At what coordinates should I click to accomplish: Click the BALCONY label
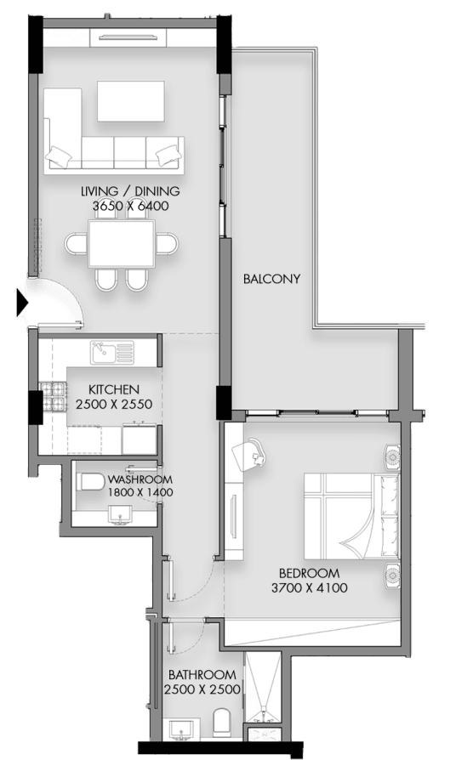click(x=271, y=279)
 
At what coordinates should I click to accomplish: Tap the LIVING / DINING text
click(x=130, y=191)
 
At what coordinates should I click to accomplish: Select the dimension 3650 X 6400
click(x=131, y=206)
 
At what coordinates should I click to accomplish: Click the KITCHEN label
click(x=114, y=389)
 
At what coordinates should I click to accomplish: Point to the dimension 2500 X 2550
click(x=114, y=405)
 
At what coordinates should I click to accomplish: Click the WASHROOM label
click(x=140, y=479)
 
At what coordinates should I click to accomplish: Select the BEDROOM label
click(x=310, y=573)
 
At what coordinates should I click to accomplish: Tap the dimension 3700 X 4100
click(x=310, y=588)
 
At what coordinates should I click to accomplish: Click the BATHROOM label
click(x=202, y=675)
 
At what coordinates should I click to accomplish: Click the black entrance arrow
click(x=22, y=303)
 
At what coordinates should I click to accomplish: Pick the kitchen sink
click(x=111, y=353)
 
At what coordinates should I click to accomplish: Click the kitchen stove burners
click(x=53, y=396)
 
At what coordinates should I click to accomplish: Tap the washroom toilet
click(x=91, y=482)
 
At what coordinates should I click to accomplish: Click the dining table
click(x=122, y=244)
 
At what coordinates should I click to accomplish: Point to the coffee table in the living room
click(x=130, y=101)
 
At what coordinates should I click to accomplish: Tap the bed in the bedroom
click(x=351, y=516)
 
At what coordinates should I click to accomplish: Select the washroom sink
click(x=120, y=514)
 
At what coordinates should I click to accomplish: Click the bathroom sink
click(x=182, y=729)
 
